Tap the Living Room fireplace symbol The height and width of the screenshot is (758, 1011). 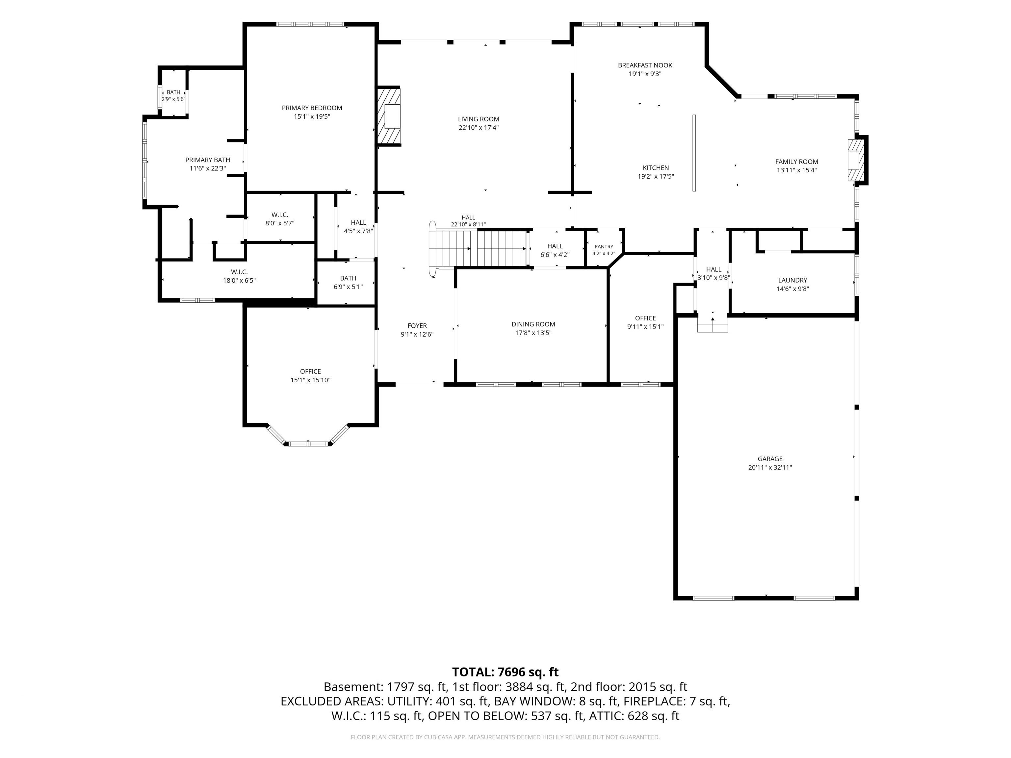[x=388, y=116]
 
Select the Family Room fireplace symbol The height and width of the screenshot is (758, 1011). [x=856, y=160]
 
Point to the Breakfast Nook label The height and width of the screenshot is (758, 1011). [x=645, y=65]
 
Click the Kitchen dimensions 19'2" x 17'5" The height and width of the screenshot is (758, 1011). [x=656, y=176]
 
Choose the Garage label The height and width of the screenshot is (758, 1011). [x=770, y=459]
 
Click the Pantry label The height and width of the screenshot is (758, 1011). [x=604, y=247]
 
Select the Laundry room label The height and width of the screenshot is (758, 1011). [x=792, y=280]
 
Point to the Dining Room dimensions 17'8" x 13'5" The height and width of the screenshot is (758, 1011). [x=533, y=333]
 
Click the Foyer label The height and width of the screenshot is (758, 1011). [x=417, y=326]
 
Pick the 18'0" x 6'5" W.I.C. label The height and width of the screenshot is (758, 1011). [x=239, y=272]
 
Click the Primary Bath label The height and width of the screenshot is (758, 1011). [x=208, y=160]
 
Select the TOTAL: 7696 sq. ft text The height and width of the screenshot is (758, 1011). [x=505, y=672]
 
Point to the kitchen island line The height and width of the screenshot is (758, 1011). [x=694, y=153]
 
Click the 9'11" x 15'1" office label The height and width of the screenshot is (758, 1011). [x=645, y=318]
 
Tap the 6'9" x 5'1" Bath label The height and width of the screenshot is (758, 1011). [x=348, y=278]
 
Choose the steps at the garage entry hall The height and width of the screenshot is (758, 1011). [x=713, y=324]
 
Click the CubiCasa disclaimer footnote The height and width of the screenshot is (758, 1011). [x=505, y=737]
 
